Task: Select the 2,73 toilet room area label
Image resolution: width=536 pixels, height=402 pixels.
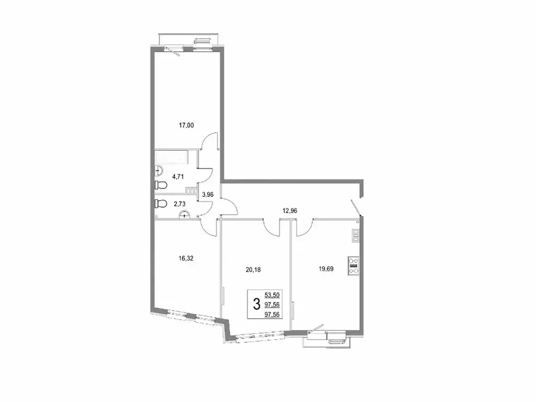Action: point(174,203)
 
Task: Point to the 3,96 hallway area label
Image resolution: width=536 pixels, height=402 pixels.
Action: point(208,194)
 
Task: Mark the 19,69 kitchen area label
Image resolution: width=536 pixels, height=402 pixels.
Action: point(326,270)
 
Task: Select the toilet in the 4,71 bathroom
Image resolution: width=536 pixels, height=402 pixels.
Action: point(161,185)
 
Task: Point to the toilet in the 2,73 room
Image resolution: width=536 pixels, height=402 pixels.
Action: point(161,203)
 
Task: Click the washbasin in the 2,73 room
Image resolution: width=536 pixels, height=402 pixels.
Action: point(184,214)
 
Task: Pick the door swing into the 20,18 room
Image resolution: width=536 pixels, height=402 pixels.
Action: point(272,227)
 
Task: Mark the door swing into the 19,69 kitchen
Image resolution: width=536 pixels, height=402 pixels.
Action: point(304,226)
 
